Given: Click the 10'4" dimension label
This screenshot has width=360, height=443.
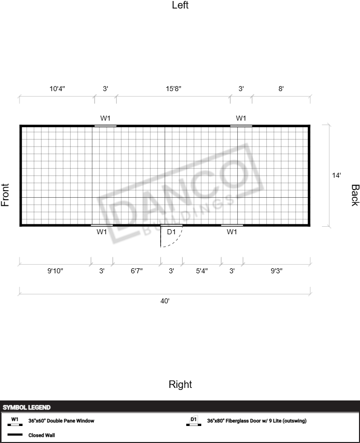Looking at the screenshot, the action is [58, 89].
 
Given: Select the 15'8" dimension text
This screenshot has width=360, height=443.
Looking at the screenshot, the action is [174, 89].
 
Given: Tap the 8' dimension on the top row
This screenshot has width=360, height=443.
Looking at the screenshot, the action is [281, 89].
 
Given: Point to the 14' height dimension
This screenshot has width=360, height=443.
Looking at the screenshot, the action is [336, 175].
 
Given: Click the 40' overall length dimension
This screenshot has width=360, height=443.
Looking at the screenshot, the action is [165, 301].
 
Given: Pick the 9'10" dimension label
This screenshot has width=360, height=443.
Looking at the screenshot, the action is [55, 271].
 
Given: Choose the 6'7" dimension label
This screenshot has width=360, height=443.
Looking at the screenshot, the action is [137, 271].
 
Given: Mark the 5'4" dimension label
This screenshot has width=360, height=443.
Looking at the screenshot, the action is [202, 271].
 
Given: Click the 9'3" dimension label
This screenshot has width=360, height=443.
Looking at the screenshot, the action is [277, 271].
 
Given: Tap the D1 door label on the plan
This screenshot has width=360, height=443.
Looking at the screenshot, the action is [171, 232].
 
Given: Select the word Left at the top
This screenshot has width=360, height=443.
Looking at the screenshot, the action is [180, 5].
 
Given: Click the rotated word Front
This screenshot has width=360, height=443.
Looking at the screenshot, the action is [5, 195].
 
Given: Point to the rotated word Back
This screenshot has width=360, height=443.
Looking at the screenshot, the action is [355, 195].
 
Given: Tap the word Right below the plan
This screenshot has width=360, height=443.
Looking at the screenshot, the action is [180, 384].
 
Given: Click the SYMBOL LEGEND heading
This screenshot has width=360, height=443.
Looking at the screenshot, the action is [27, 407].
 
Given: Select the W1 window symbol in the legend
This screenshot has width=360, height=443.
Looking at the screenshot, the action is [15, 421].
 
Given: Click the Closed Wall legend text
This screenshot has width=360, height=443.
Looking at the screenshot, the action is [42, 435].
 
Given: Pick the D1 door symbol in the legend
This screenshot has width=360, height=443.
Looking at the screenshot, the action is [194, 421].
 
